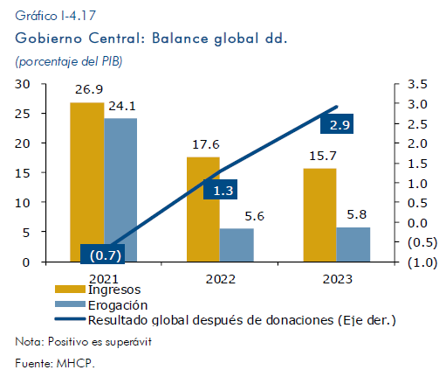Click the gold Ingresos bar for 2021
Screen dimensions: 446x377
(x=87, y=182)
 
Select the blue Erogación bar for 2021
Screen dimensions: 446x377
(x=120, y=190)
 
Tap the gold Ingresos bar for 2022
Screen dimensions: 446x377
(x=203, y=209)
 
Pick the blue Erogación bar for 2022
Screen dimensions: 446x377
(x=237, y=245)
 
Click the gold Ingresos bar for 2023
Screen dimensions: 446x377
(x=319, y=215)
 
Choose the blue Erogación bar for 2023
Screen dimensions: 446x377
(x=353, y=245)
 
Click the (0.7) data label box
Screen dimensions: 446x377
(x=103, y=254)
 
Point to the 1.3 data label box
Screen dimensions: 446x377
(x=220, y=190)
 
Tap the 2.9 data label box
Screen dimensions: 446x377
(x=337, y=124)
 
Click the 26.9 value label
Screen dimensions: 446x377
(x=89, y=89)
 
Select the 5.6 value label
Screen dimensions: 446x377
(x=254, y=216)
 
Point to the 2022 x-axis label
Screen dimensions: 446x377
(x=221, y=279)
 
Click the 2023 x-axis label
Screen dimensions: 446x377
(x=338, y=279)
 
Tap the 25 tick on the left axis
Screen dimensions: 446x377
(x=23, y=114)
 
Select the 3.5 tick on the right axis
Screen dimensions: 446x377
(x=417, y=84)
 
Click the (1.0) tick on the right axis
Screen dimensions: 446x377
(x=422, y=262)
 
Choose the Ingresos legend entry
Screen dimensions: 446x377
(x=98, y=290)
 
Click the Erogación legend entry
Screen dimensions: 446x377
(x=101, y=305)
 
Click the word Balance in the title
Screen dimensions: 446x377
(x=181, y=38)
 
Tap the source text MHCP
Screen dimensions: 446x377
(x=76, y=363)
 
